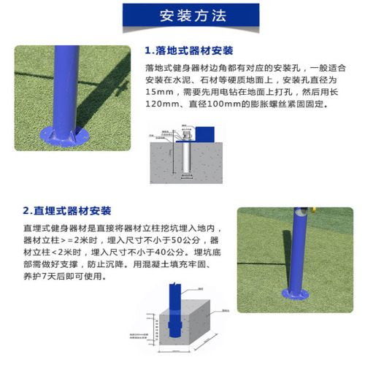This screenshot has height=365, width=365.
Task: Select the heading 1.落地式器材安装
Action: (189, 50)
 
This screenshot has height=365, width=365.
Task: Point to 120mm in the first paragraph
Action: (164, 105)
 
